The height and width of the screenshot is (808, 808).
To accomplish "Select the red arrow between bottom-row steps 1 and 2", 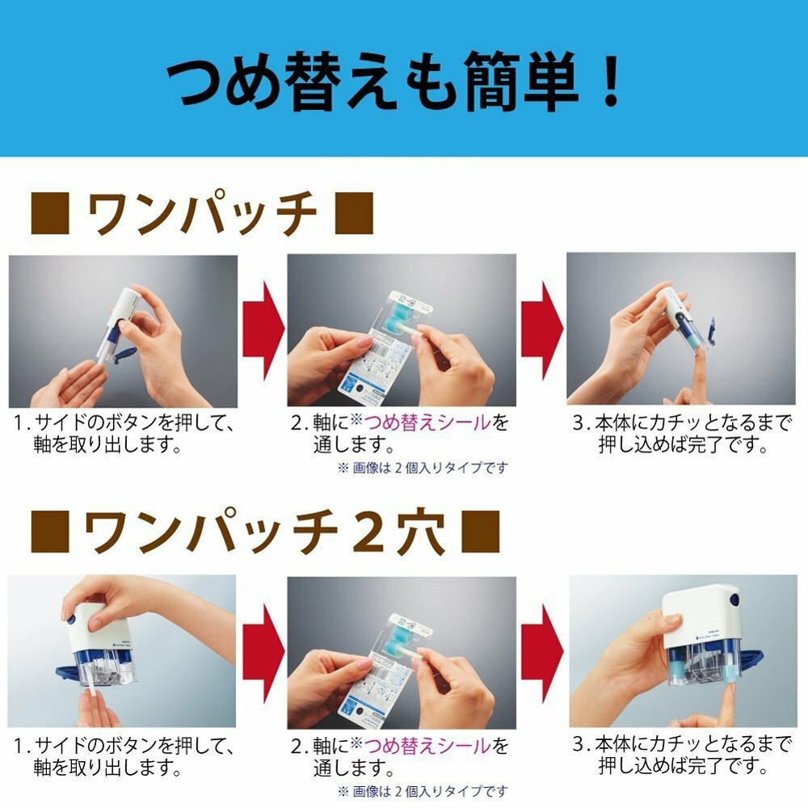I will tap(263, 652).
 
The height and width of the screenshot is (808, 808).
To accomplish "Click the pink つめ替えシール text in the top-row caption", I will tap(427, 423).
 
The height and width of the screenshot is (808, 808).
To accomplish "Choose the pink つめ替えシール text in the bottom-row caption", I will tap(427, 745).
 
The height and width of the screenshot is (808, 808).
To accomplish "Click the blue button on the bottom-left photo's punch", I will tap(71, 619).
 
